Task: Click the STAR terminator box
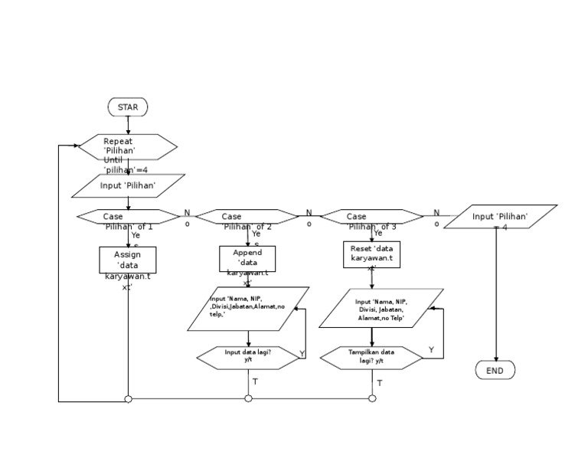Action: click(128, 107)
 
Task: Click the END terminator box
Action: click(495, 371)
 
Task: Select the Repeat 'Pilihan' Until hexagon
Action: click(128, 147)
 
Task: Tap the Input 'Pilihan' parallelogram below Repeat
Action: click(128, 186)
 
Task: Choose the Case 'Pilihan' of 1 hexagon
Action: click(128, 217)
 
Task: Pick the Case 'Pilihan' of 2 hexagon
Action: click(247, 217)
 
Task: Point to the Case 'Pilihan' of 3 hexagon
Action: click(371, 217)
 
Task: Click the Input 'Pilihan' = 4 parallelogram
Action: click(500, 217)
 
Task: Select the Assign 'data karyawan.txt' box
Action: click(128, 260)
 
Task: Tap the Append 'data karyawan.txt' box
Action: click(247, 259)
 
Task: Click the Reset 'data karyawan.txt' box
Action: click(371, 254)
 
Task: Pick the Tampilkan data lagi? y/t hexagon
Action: click(371, 357)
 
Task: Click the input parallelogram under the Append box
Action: click(248, 309)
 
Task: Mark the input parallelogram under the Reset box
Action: click(381, 308)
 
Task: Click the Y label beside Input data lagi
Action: click(302, 353)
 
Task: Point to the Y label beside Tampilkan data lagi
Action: click(431, 350)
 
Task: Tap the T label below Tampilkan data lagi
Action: click(379, 382)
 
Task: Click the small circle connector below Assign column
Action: click(128, 399)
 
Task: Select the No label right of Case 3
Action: click(436, 218)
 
